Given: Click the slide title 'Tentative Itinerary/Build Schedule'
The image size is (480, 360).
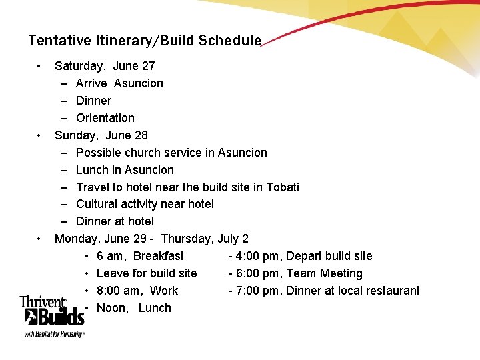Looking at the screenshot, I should pyautogui.click(x=145, y=41).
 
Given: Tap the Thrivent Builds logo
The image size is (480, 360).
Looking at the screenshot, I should pyautogui.click(x=52, y=316).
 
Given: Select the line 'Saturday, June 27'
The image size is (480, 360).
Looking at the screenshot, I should pyautogui.click(x=105, y=66).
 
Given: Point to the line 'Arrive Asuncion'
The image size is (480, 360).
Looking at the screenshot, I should pyautogui.click(x=119, y=83).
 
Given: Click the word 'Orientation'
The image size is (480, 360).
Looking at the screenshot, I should pyautogui.click(x=105, y=118).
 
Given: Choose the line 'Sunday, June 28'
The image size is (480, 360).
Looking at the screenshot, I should pyautogui.click(x=101, y=135).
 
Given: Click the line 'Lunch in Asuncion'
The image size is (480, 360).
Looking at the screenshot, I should pyautogui.click(x=125, y=170).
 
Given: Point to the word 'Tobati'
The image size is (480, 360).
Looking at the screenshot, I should pyautogui.click(x=282, y=187).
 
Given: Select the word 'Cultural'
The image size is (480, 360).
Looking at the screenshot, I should pyautogui.click(x=98, y=204).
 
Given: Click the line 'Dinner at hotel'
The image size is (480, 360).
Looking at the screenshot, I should pyautogui.click(x=115, y=221).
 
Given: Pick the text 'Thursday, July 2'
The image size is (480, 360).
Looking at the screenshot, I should pyautogui.click(x=205, y=239).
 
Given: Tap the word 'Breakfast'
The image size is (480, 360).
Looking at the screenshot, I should pyautogui.click(x=159, y=256).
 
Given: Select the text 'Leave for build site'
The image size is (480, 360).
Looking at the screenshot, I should pyautogui.click(x=147, y=273).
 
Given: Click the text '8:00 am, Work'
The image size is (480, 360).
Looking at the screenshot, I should pyautogui.click(x=137, y=291).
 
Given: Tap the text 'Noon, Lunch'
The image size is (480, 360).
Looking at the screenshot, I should pyautogui.click(x=134, y=308).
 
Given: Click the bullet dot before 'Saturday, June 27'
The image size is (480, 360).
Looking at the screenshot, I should pyautogui.click(x=40, y=66).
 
